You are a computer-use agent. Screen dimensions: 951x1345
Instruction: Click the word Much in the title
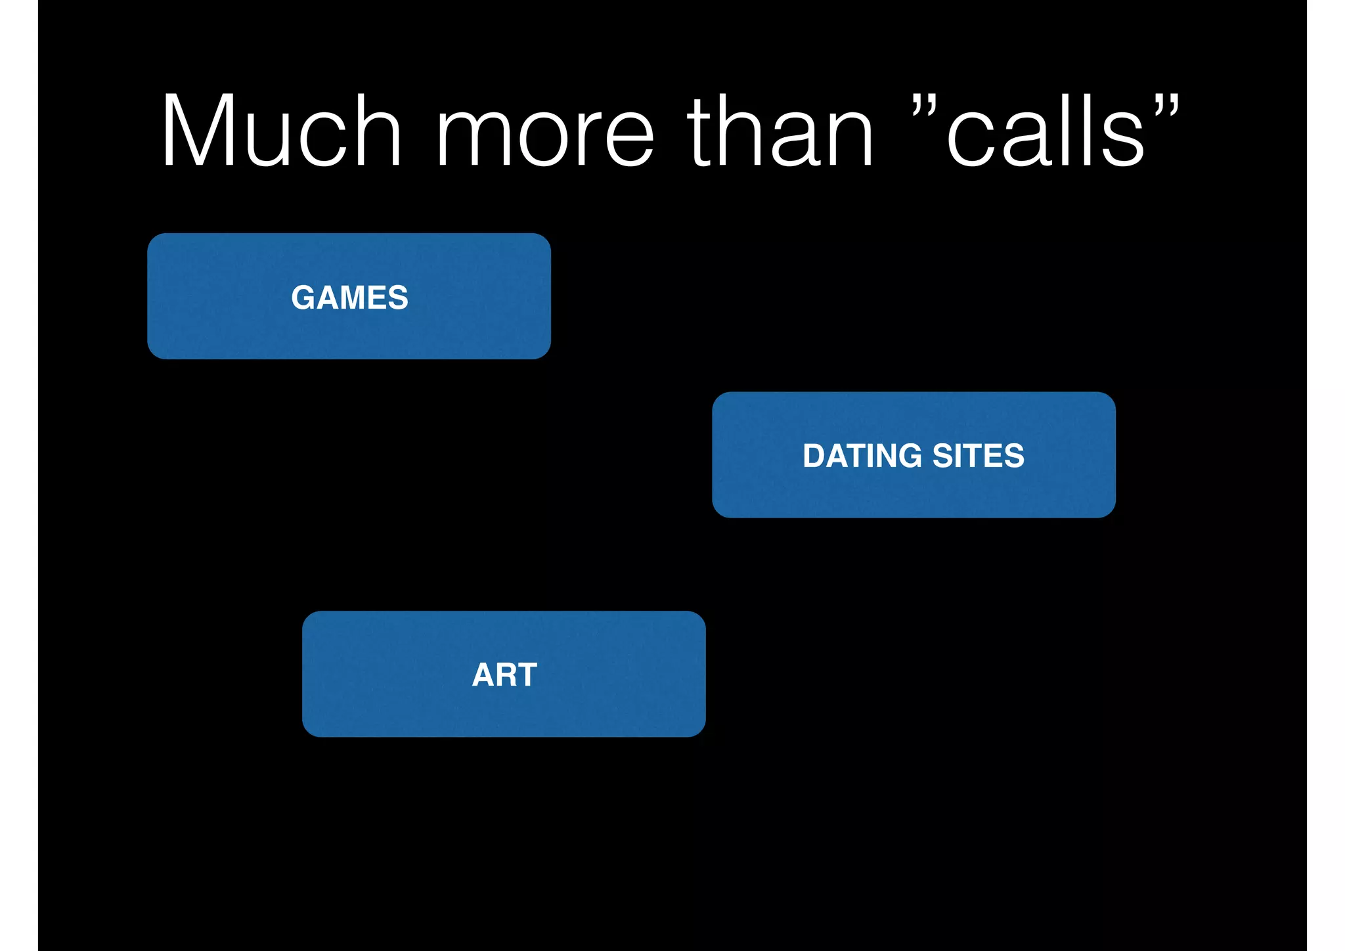click(x=281, y=131)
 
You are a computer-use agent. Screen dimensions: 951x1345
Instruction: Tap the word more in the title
click(x=545, y=135)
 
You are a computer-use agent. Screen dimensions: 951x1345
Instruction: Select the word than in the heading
click(x=780, y=131)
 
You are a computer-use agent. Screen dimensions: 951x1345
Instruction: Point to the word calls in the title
click(x=1046, y=131)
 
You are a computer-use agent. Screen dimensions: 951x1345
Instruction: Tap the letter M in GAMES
click(x=355, y=298)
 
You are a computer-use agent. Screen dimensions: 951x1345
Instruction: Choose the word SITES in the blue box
click(x=978, y=456)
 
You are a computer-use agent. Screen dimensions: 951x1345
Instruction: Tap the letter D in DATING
click(x=814, y=456)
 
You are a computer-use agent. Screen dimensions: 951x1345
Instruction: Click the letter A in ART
click(x=483, y=675)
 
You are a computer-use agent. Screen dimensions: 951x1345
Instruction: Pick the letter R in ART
click(x=506, y=675)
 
